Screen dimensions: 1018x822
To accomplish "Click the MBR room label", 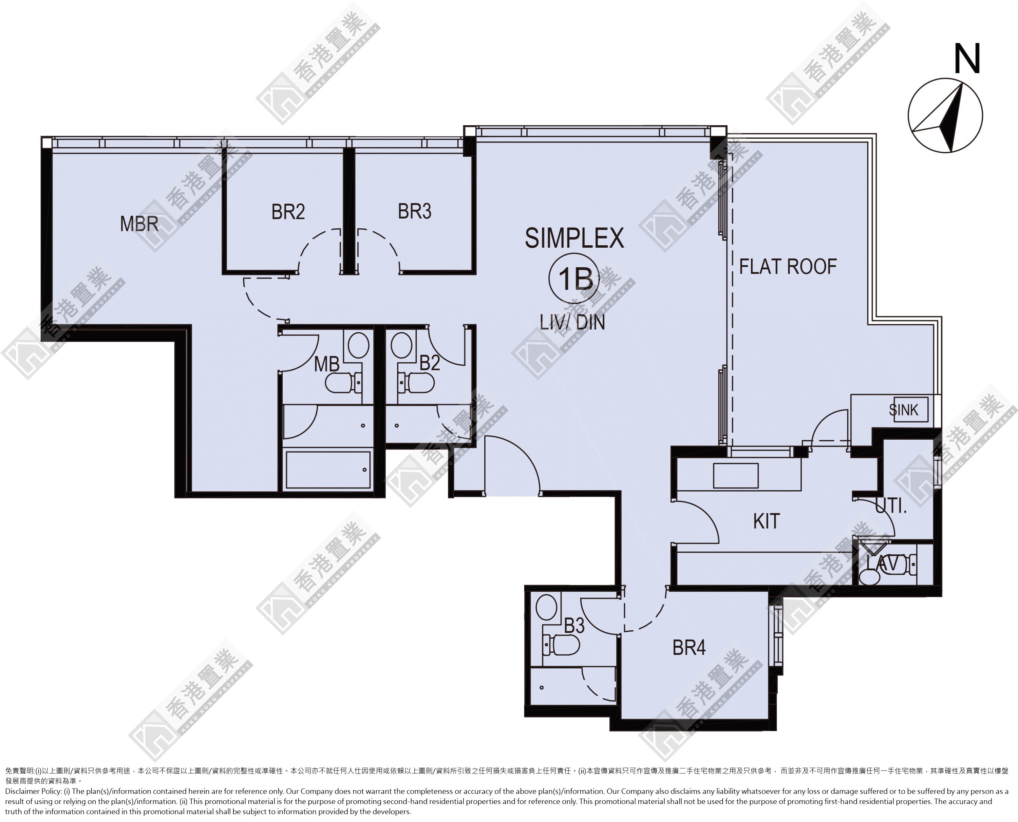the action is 139,224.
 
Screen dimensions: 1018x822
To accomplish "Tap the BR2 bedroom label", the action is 288,212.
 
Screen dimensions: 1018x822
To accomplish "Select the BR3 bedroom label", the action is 415,212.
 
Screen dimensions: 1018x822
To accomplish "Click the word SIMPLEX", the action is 574,238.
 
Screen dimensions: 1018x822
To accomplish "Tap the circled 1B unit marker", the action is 574,279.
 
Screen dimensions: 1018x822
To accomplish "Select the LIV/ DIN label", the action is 573,323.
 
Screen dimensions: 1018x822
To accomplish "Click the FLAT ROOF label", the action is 788,267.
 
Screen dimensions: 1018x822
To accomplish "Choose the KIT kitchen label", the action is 767,521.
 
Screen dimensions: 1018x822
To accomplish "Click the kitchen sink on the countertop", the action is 736,475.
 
